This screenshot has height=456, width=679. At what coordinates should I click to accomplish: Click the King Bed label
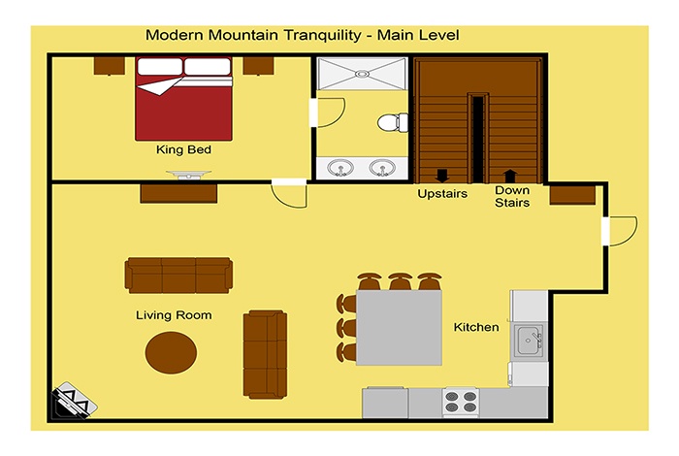[x=183, y=149]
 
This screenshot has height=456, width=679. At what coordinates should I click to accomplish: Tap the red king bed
[x=183, y=99]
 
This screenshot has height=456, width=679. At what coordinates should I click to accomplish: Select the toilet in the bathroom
[x=392, y=122]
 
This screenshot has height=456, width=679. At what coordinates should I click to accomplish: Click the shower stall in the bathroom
[x=362, y=74]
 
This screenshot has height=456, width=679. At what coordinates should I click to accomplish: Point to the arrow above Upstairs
[x=441, y=176]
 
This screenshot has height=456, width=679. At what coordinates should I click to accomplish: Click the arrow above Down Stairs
[x=510, y=176]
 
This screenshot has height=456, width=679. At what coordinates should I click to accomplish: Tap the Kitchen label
[x=476, y=327]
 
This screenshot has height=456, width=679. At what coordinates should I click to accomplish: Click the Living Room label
[x=174, y=315]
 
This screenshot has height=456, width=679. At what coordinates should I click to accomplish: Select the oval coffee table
[x=171, y=352]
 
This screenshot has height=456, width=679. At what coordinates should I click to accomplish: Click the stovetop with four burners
[x=461, y=403]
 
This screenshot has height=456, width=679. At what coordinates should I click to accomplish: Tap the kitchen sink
[x=529, y=341]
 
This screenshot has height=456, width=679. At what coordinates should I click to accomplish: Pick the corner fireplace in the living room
[x=74, y=401]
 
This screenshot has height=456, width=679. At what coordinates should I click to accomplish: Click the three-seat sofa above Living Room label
[x=178, y=276]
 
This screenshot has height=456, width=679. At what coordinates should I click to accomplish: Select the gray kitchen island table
[x=399, y=327]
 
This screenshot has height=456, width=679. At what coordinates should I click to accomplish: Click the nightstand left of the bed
[x=109, y=66]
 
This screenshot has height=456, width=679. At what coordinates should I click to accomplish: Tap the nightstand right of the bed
[x=258, y=66]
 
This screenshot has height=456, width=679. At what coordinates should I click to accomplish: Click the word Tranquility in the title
[x=323, y=35]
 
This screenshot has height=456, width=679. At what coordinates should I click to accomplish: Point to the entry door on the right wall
[x=620, y=232]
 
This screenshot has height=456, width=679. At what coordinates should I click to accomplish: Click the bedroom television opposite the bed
[x=189, y=174]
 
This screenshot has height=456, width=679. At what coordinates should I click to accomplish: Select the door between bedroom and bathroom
[x=328, y=113]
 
